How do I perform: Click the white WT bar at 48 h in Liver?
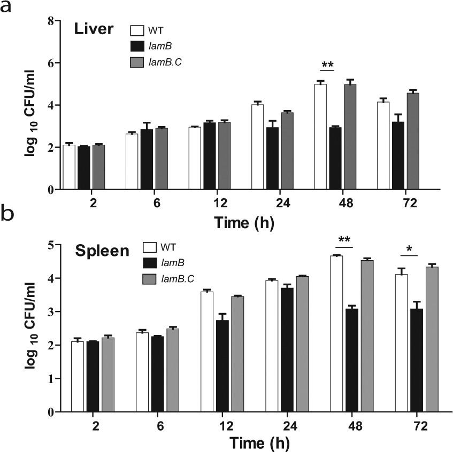pyautogui.click(x=320, y=137)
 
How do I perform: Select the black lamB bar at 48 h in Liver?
pyautogui.click(x=335, y=158)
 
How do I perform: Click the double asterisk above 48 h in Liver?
pyautogui.click(x=327, y=65)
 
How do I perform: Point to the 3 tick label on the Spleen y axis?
pyautogui.click(x=51, y=312)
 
